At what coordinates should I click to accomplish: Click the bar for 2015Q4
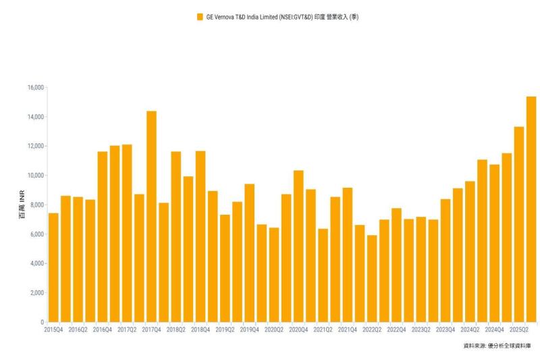(53, 267)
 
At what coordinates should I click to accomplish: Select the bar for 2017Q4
(151, 216)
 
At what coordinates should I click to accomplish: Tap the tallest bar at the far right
(531, 209)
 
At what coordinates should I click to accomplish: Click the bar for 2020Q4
(298, 246)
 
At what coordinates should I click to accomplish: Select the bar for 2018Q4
(200, 236)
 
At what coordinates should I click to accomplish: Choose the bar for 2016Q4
(103, 236)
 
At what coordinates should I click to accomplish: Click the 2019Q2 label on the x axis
(225, 330)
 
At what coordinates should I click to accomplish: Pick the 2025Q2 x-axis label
(519, 330)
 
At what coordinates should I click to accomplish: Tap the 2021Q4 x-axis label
(348, 330)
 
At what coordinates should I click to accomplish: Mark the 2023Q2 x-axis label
(421, 330)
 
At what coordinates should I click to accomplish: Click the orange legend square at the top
(199, 17)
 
